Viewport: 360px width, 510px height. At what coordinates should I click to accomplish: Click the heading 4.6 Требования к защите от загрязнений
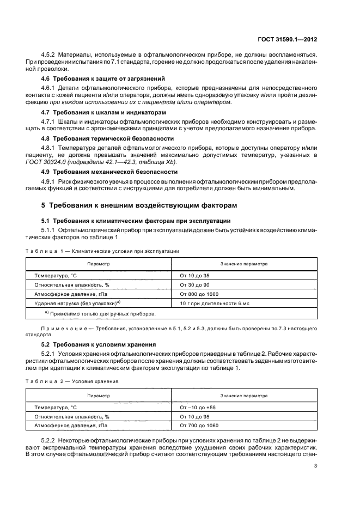pos(103,78)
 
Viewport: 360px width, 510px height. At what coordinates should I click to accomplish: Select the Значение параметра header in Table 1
pos(243,264)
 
